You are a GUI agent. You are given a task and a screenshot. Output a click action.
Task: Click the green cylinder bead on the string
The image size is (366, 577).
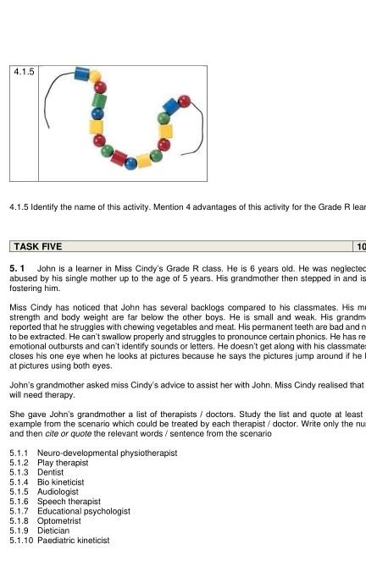pos(99,100)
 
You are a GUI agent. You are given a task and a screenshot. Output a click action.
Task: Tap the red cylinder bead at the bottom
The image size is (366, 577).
pos(119,158)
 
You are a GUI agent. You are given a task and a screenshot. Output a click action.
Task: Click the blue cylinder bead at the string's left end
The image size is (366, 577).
pos(82,74)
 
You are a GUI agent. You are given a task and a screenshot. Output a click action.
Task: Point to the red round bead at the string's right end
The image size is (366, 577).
pos(184,102)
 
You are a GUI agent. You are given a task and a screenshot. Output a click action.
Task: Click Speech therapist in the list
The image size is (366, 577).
pos(69,502)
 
